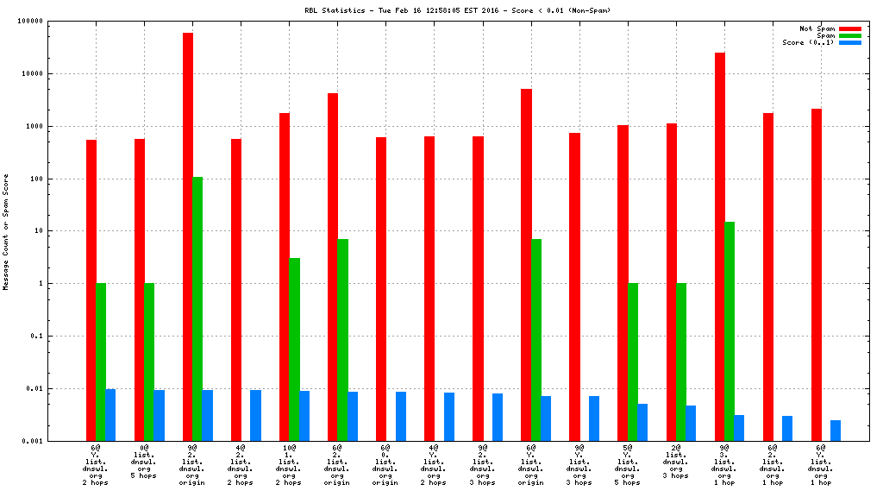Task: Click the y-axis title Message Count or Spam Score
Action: (x=6, y=231)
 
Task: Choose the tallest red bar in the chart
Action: (x=187, y=236)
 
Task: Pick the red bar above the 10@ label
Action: (x=284, y=276)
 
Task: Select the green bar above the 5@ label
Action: (x=632, y=362)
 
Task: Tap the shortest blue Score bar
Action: (x=836, y=431)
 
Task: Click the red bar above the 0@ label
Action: (x=139, y=289)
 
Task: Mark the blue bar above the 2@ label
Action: (x=691, y=423)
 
